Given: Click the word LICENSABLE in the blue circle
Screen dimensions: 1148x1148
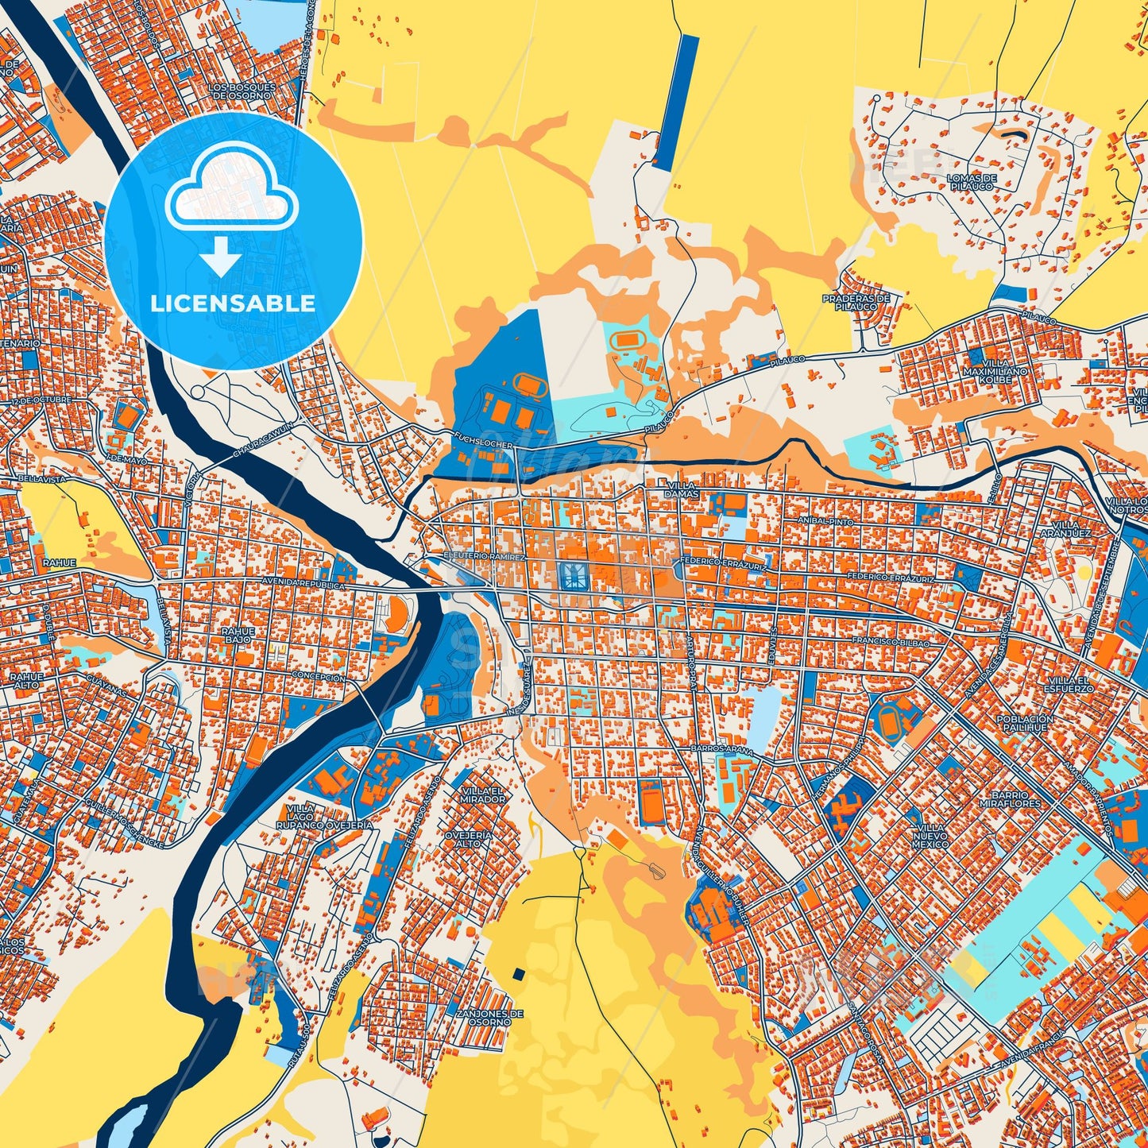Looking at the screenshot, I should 233,303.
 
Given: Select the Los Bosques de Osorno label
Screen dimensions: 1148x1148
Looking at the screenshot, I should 242,91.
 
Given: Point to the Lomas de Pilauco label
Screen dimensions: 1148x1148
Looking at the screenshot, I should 971,182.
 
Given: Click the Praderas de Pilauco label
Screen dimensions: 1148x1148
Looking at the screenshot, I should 856,303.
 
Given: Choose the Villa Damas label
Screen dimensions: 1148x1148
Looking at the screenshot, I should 682,489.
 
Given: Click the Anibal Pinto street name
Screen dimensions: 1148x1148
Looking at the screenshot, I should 829,521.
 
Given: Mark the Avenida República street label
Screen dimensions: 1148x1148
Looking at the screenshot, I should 304,585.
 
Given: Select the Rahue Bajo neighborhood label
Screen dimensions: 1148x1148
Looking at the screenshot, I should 238,636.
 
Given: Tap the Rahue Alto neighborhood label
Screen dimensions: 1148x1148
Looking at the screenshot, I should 27,680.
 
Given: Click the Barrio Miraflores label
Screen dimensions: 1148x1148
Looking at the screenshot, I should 1015,798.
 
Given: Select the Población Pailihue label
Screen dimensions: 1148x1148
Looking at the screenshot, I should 1025,722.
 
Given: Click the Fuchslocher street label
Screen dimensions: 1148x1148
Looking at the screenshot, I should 482,440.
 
